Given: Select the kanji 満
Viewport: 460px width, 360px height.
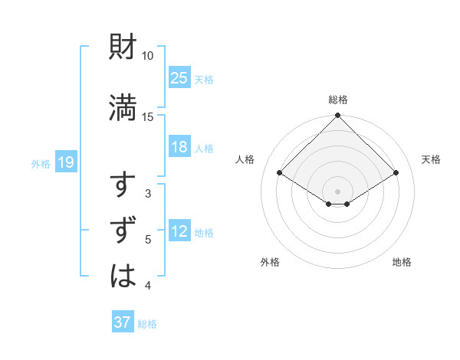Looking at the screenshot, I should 123,107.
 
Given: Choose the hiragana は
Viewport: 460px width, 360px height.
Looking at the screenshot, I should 123,275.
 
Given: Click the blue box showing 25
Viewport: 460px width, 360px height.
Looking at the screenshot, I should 179,77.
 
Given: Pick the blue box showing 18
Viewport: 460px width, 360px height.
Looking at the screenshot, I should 179,147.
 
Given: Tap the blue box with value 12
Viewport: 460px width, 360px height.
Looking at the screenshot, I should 179,232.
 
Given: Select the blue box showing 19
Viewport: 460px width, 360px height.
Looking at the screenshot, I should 65,162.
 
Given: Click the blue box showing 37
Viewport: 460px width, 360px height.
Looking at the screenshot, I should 123,322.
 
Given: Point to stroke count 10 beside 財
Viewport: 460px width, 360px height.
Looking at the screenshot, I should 148,57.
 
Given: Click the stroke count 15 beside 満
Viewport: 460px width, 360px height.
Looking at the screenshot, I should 148,116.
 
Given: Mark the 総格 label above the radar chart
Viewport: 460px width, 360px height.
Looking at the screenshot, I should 337,100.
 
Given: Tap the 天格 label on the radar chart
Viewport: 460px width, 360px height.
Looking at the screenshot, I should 431,159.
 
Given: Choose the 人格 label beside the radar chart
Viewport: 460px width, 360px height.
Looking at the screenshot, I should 245,159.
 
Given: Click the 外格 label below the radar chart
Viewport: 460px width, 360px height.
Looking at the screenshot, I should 270,262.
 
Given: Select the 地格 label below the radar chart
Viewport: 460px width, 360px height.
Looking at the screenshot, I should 402,262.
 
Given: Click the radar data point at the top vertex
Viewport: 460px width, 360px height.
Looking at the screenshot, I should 337,116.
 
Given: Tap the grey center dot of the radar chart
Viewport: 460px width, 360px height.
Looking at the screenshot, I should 337,191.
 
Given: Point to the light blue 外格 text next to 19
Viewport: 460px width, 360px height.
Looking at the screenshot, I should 40,162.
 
